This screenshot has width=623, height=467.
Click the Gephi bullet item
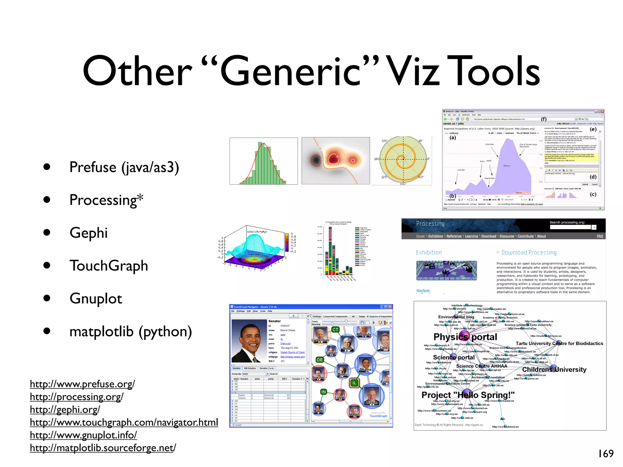point(89,233)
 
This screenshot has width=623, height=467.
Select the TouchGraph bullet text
point(109,266)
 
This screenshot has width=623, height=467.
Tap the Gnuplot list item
point(96,299)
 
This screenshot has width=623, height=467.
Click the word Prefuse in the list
point(93,167)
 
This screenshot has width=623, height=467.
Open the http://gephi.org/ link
point(65,410)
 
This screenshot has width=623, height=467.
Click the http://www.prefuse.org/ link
point(82,384)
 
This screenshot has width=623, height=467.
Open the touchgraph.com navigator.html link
point(124,422)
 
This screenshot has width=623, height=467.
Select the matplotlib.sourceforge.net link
point(103,448)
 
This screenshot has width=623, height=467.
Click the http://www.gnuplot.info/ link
point(83,435)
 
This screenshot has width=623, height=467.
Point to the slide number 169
point(606,454)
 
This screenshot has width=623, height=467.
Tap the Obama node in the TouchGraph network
point(365,364)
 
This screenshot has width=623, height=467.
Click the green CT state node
point(336,330)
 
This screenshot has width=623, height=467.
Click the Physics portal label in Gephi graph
point(465,337)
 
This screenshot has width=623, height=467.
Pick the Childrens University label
point(554,369)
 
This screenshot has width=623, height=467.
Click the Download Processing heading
point(529,253)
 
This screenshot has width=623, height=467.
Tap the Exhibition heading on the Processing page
point(429,252)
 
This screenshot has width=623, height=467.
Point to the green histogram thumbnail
point(263,161)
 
